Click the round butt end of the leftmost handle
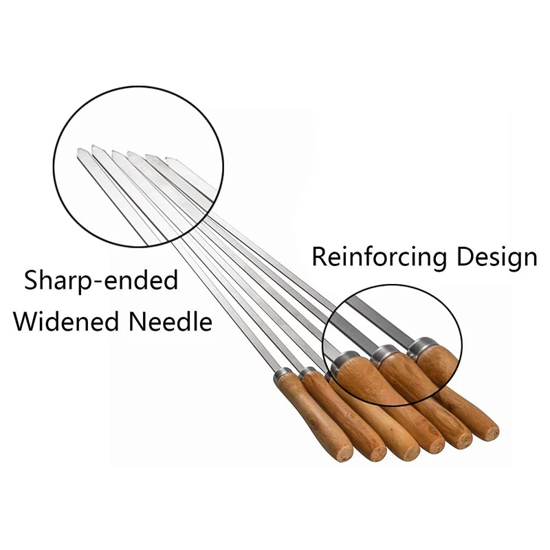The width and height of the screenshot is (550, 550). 343,454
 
